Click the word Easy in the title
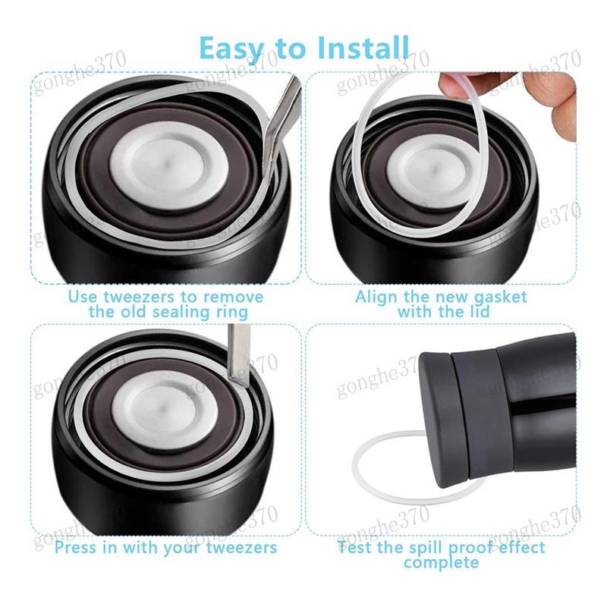tap(231, 49)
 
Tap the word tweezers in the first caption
tap(138, 297)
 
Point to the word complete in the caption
tap(441, 562)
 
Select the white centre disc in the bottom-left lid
tap(164, 410)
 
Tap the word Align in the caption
tap(375, 297)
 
